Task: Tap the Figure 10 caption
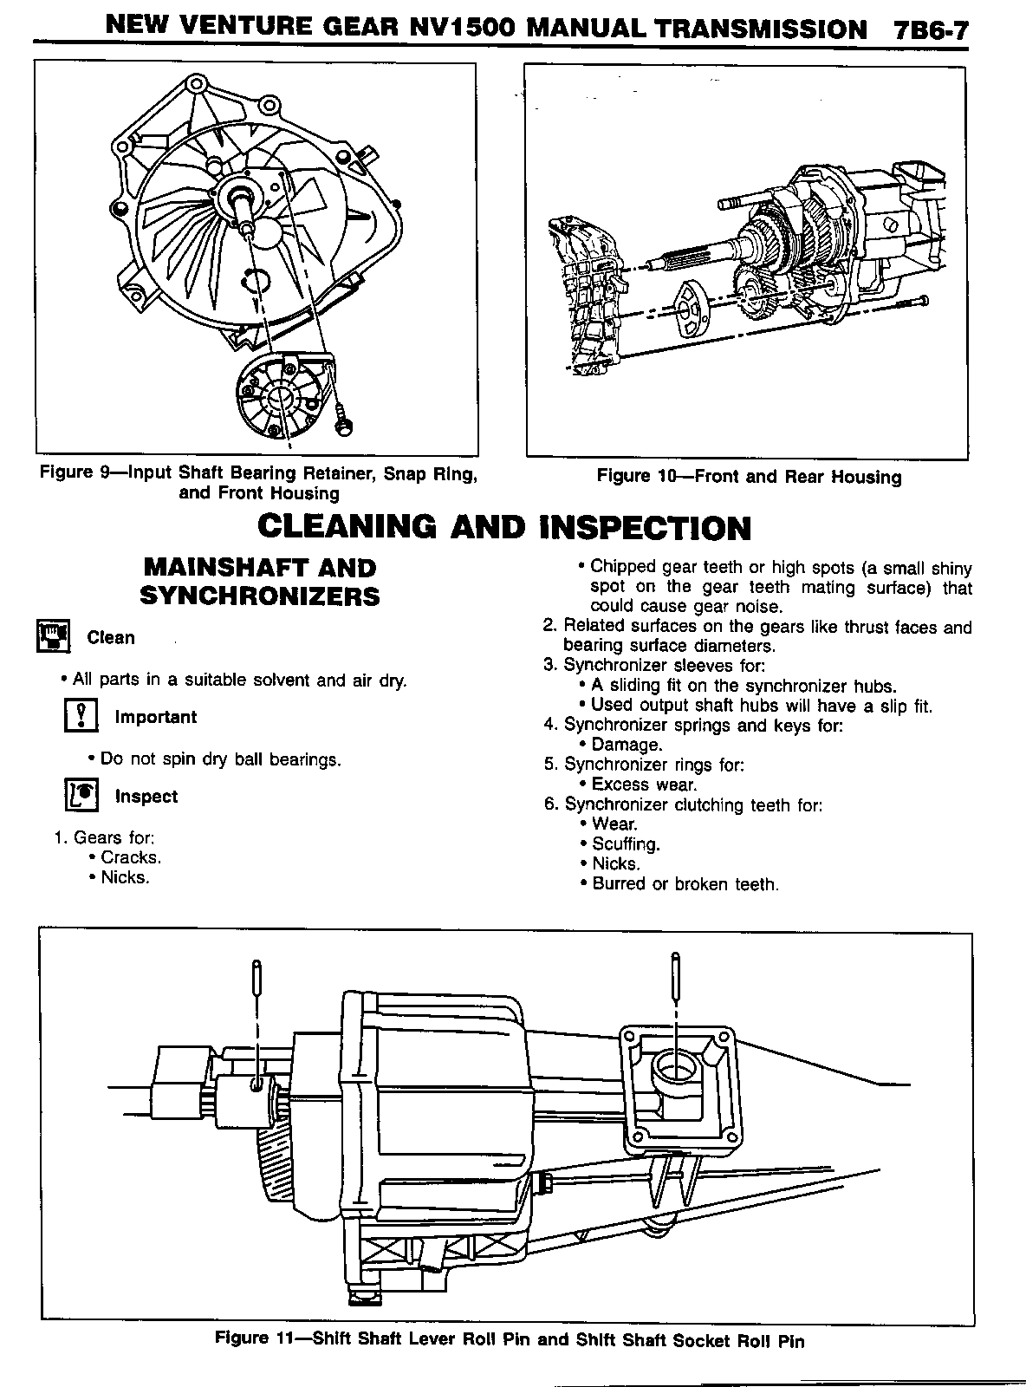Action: (x=749, y=477)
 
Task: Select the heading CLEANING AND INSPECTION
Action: (x=505, y=527)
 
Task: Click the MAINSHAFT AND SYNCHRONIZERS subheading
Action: (x=259, y=582)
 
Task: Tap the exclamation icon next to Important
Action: (x=80, y=717)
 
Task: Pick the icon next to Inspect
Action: (x=80, y=795)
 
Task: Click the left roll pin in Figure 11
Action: (x=256, y=983)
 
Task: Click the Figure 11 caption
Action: (x=510, y=1340)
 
